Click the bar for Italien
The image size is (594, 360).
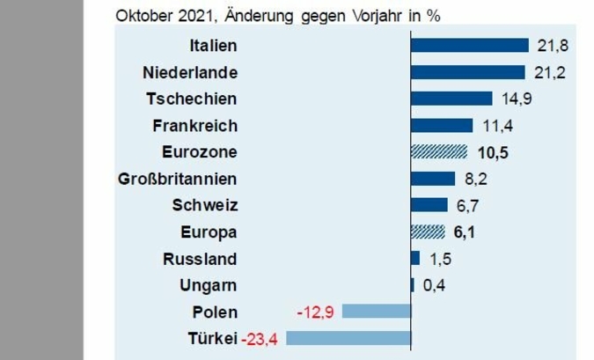(x=469, y=46)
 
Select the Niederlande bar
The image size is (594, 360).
(x=467, y=72)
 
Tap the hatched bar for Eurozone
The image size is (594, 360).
(x=438, y=152)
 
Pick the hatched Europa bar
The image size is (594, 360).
(x=428, y=232)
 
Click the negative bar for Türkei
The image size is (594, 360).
(x=348, y=338)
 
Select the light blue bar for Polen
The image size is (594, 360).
(x=377, y=311)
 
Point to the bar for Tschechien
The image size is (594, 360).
(x=451, y=99)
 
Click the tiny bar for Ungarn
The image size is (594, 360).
(x=413, y=285)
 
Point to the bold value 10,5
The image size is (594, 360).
(x=493, y=152)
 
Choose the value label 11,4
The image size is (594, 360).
(x=495, y=125)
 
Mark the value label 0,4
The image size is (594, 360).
(x=434, y=285)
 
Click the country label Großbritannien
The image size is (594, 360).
(x=177, y=179)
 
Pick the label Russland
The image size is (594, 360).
(x=200, y=259)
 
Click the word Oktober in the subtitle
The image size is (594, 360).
(x=142, y=15)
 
